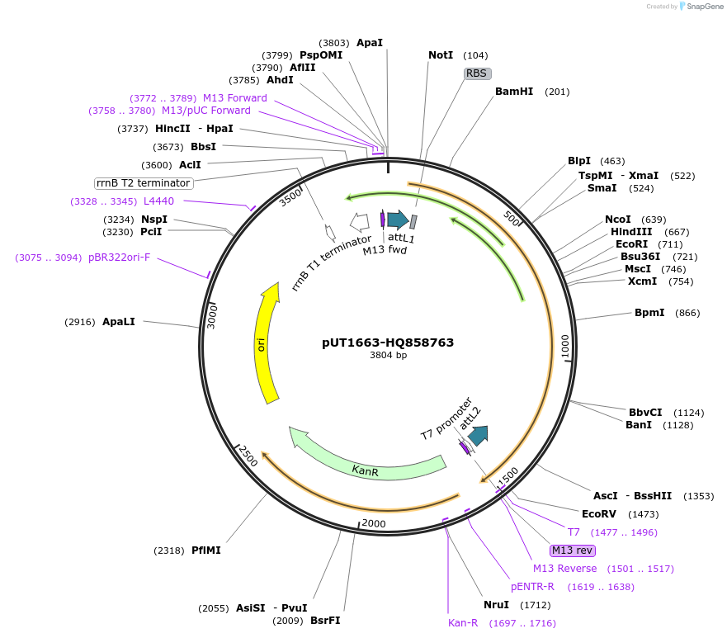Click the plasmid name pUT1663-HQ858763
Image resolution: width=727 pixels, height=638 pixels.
tap(388, 343)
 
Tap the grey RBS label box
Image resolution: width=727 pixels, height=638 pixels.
tap(477, 73)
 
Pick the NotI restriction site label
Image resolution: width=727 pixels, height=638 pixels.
tap(441, 55)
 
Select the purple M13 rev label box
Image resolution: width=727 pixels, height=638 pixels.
tap(572, 551)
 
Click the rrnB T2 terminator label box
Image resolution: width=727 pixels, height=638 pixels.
tap(144, 183)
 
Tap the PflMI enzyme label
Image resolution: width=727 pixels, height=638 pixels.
tap(206, 551)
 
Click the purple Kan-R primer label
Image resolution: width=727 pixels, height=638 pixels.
tap(463, 623)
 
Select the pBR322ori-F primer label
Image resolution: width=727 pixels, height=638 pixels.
tap(120, 258)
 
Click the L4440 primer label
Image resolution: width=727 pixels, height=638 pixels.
tap(158, 201)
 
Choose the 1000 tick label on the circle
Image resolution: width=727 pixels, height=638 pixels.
tap(565, 347)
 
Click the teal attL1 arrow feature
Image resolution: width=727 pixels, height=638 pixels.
tap(398, 220)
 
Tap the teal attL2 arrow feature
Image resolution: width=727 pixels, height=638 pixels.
tap(478, 435)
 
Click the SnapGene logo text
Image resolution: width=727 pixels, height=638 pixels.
tap(705, 7)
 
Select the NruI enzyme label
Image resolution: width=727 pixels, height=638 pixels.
tap(497, 605)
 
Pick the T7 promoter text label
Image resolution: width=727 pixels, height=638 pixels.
tap(446, 418)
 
